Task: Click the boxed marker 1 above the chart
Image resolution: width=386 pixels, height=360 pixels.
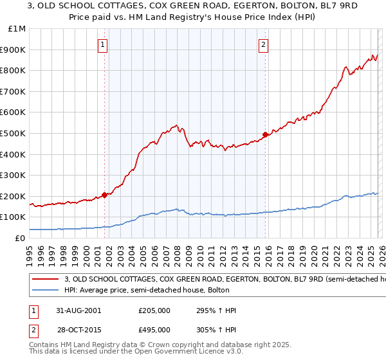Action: [x=103, y=45]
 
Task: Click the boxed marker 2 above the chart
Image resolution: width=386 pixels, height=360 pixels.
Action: [x=264, y=45]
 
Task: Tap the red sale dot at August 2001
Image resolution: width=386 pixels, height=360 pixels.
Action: [x=104, y=195]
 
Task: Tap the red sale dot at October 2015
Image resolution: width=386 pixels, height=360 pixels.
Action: [x=265, y=134]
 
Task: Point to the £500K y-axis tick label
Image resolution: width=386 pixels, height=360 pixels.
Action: [x=14, y=133]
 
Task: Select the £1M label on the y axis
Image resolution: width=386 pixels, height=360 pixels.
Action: [x=18, y=29]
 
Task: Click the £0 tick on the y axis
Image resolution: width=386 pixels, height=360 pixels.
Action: [x=21, y=238]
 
